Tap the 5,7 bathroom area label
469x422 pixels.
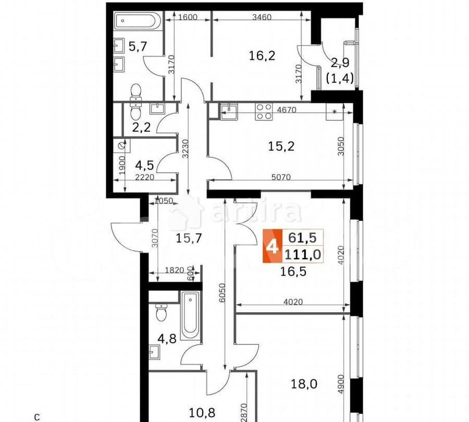[137, 47]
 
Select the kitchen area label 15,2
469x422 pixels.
[281, 146]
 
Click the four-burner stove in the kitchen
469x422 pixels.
[264, 111]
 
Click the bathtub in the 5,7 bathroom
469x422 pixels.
[137, 22]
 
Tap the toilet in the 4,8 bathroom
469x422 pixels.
[161, 312]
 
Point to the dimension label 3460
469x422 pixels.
[261, 17]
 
